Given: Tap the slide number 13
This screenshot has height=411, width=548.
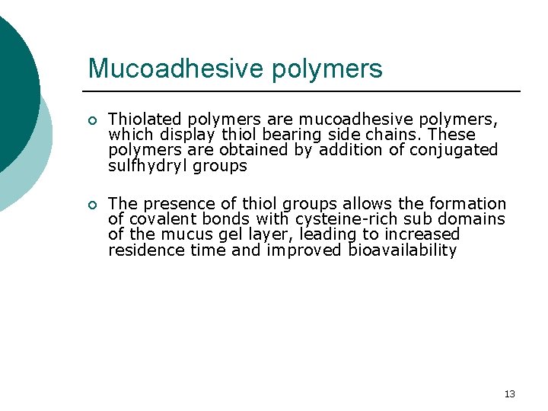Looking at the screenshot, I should tap(509, 393).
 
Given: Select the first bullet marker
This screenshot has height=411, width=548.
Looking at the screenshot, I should tap(91, 120).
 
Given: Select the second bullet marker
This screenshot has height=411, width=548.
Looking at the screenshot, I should tap(91, 205).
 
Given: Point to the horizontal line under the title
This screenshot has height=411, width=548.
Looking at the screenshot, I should tap(304, 91).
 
